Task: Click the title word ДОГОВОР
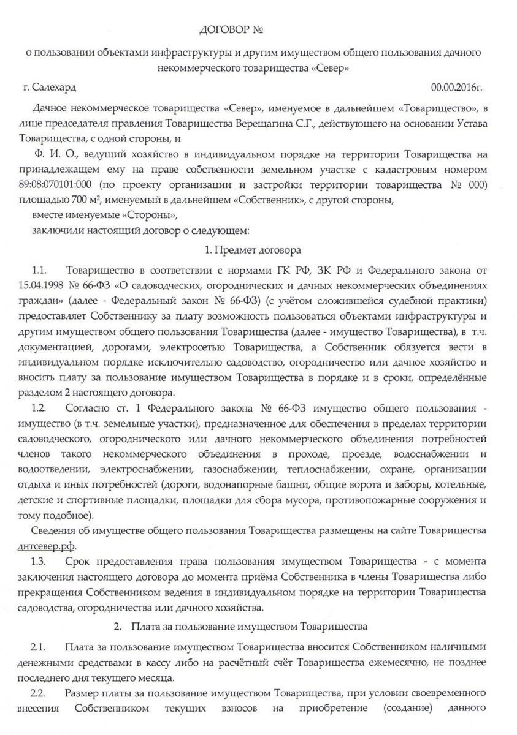click(x=225, y=29)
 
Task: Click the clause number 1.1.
click(x=39, y=270)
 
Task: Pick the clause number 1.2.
click(x=39, y=407)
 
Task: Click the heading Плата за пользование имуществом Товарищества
click(x=249, y=627)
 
